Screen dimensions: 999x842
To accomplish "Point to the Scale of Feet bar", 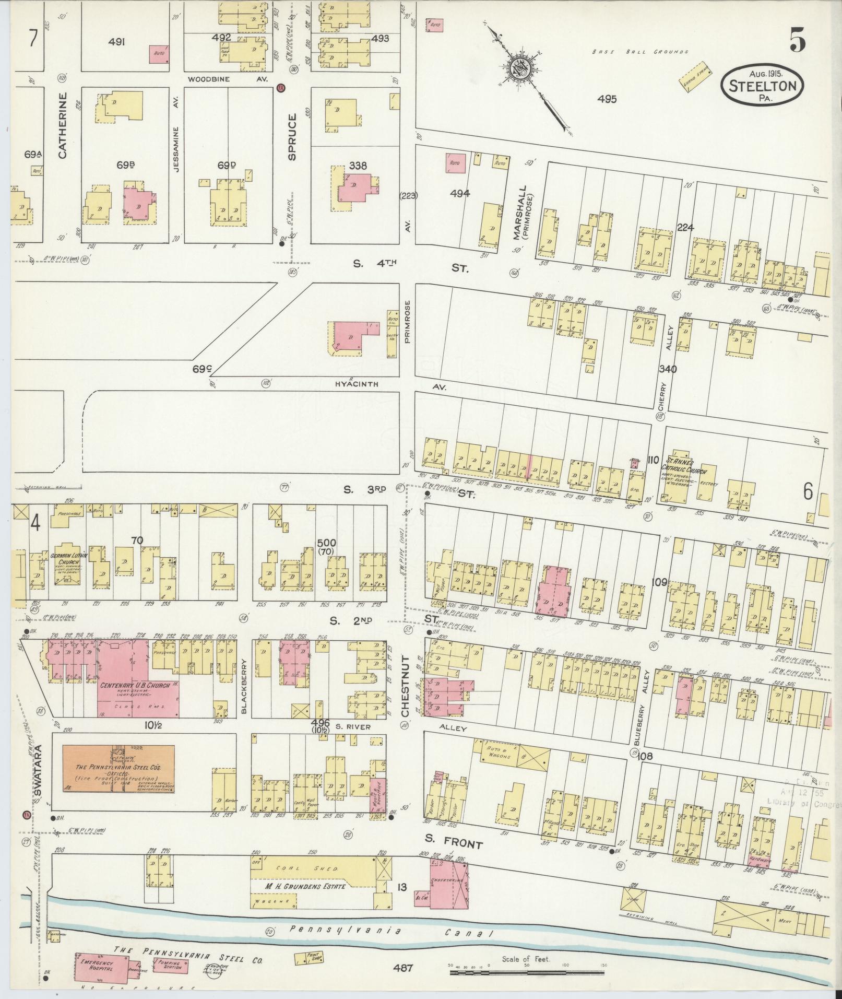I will point(527,972).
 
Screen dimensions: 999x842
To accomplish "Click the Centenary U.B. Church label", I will point(135,685).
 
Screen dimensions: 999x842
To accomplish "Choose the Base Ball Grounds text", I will point(640,52).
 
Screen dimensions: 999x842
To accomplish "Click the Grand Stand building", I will point(695,76).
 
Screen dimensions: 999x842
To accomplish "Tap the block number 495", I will point(608,99).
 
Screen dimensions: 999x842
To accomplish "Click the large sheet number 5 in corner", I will point(797,39).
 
